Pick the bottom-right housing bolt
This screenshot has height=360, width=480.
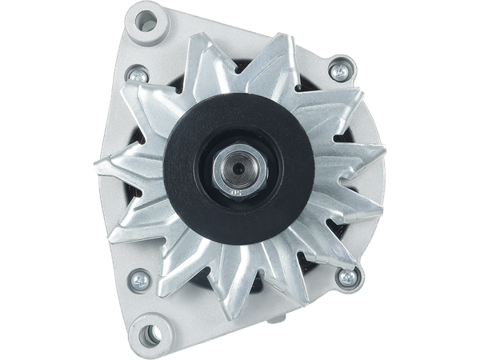(x=347, y=278)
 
